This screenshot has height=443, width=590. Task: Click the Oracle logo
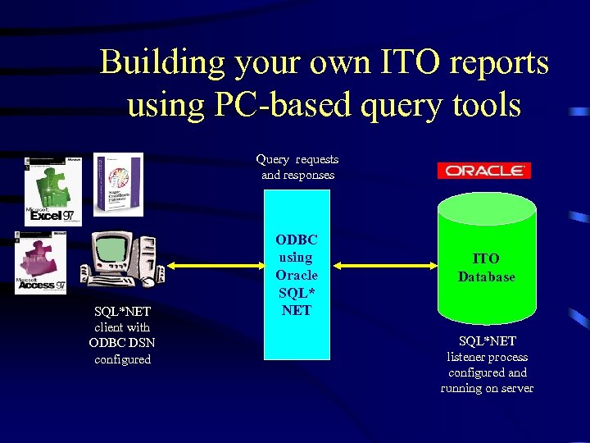(483, 171)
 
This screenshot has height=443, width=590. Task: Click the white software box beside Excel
(118, 185)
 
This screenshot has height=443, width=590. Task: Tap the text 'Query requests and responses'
(297, 167)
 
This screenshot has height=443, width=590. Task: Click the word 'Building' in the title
(161, 63)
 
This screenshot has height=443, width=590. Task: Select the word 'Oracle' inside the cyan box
(297, 275)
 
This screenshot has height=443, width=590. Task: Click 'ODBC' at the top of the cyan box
(297, 240)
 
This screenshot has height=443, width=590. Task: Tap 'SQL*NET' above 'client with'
(122, 311)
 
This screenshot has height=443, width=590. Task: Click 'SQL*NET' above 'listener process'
(487, 340)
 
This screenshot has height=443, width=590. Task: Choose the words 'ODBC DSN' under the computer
(122, 342)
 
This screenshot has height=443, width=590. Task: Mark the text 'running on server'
(487, 388)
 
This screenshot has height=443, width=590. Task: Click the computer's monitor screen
(110, 249)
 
